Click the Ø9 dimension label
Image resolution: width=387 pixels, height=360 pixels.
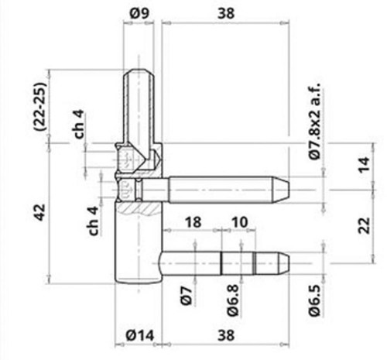[139, 13]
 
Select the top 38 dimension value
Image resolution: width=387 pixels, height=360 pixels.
[226, 13]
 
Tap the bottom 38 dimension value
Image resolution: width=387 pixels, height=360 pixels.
[226, 335]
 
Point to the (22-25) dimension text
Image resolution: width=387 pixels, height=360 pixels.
[42, 106]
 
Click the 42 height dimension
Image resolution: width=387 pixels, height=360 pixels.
[40, 212]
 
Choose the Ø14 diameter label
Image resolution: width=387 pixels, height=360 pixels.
[140, 335]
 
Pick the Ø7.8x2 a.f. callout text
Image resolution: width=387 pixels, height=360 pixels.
[315, 122]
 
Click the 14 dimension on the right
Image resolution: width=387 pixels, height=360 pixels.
[364, 165]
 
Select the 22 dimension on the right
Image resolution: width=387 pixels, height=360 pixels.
[364, 226]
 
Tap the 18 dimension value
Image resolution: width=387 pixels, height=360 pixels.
[193, 222]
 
